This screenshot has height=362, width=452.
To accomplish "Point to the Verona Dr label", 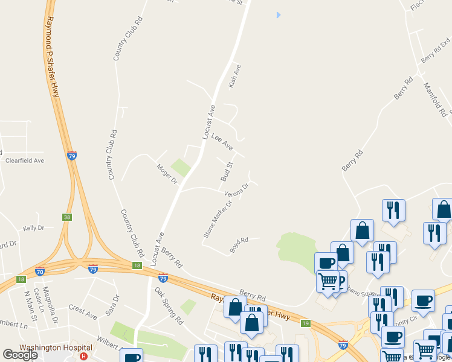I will [x=237, y=191].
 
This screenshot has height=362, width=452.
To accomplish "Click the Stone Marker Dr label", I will [x=218, y=220].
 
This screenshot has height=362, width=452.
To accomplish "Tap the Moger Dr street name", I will [x=167, y=174].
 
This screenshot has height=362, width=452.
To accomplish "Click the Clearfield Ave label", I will [x=25, y=161].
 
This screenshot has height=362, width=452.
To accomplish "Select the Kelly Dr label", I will [x=34, y=228].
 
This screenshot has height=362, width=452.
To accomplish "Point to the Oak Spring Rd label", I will [x=169, y=306].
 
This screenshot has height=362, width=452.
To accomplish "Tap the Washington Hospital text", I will [x=56, y=348].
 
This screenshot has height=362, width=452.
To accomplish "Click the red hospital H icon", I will [x=83, y=357].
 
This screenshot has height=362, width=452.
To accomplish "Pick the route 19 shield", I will [x=306, y=323].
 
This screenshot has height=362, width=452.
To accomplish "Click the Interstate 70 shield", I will [x=40, y=271].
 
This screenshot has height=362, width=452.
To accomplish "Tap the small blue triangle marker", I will [x=279, y=14].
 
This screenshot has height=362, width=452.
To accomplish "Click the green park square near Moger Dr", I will [x=180, y=166].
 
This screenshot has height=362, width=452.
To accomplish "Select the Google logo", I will [x=20, y=355].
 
